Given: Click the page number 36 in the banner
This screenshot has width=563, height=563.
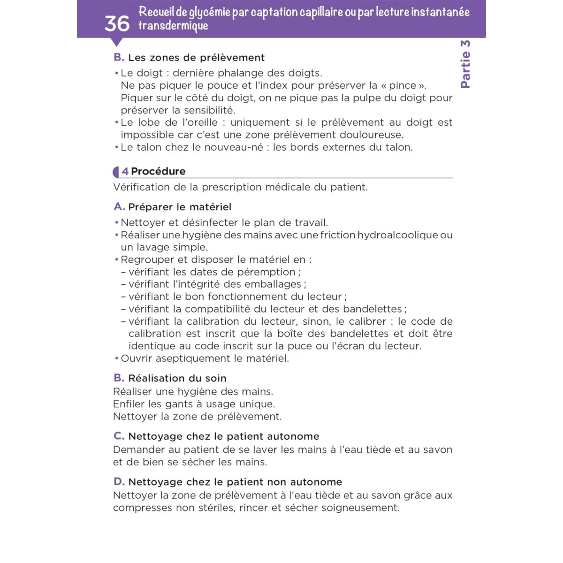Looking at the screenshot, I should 117,23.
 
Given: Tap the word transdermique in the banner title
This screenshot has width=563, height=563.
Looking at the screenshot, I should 173,26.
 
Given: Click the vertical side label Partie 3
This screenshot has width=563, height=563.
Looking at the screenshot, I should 465,64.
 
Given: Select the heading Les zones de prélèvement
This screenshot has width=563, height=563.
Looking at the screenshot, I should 196,58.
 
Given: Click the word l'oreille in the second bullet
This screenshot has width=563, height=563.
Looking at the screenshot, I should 199,122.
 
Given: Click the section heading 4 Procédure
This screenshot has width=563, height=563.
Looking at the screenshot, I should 154,171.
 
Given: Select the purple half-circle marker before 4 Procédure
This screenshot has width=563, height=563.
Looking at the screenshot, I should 116,172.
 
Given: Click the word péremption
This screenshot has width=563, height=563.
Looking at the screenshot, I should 266,272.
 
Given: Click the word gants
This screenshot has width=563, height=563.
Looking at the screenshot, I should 179,404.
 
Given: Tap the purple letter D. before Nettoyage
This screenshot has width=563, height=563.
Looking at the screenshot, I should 119,482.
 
